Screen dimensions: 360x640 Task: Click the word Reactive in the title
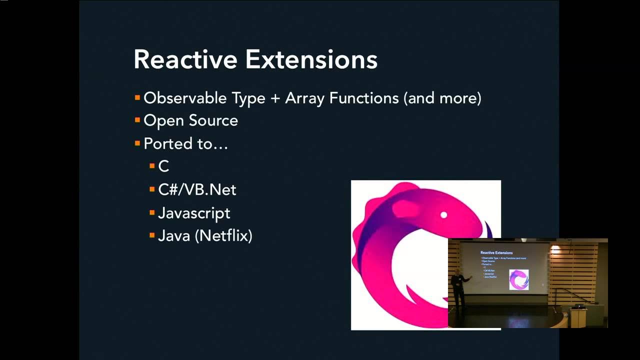(185, 59)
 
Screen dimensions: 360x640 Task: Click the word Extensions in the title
(311, 59)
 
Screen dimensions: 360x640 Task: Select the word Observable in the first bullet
(185, 98)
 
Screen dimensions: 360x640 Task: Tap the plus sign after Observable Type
(275, 98)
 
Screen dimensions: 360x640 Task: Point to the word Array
(304, 98)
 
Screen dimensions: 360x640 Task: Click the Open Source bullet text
(190, 121)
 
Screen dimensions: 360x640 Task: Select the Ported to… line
(185, 144)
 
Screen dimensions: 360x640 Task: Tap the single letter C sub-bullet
(163, 166)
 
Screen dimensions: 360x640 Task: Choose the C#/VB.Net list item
(197, 190)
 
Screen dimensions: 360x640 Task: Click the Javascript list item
(194, 213)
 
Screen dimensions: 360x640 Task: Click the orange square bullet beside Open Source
(137, 120)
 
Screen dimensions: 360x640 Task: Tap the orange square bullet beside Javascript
(152, 212)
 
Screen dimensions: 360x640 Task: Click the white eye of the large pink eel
(443, 215)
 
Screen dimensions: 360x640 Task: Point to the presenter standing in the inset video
(457, 289)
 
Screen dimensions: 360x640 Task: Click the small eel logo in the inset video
(518, 279)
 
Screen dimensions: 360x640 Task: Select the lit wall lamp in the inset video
(555, 248)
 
